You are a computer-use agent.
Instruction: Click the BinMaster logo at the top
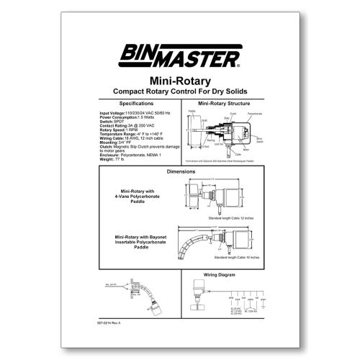[x=180, y=55]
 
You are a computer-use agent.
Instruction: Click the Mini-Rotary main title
[x=179, y=81]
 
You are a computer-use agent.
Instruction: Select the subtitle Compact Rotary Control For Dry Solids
[x=179, y=91]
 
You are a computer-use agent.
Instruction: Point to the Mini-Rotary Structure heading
[x=224, y=104]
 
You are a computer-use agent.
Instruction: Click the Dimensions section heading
[x=180, y=173]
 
